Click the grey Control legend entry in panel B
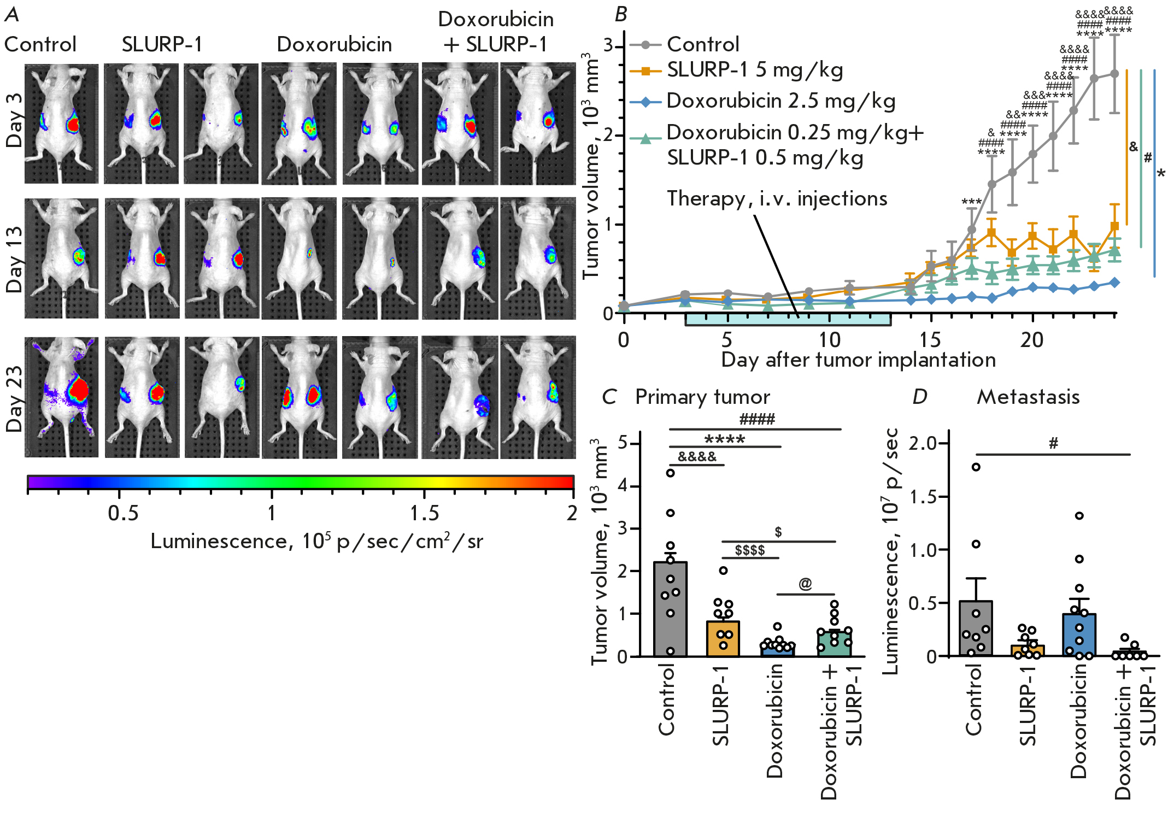[x=702, y=44]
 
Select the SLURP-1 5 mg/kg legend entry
[x=754, y=70]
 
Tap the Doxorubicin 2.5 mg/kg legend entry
[x=780, y=102]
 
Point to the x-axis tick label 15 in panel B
[x=930, y=340]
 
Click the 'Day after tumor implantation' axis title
[x=858, y=360]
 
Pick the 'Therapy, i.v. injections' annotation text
[x=777, y=198]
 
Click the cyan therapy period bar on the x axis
[x=788, y=320]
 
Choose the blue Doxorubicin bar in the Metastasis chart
[x=1079, y=634]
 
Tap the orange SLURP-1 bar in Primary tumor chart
[x=723, y=638]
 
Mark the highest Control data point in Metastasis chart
[x=976, y=467]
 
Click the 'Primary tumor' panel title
[x=702, y=397]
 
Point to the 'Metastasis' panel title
[x=1028, y=397]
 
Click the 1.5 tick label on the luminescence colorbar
[x=424, y=513]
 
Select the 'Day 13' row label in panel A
[x=14, y=259]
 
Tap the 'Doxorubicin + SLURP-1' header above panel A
[x=496, y=32]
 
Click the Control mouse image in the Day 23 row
[x=62, y=397]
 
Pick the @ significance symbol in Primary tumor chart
[x=805, y=584]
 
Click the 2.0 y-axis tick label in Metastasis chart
[x=922, y=443]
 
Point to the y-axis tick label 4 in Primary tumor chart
[x=623, y=486]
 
